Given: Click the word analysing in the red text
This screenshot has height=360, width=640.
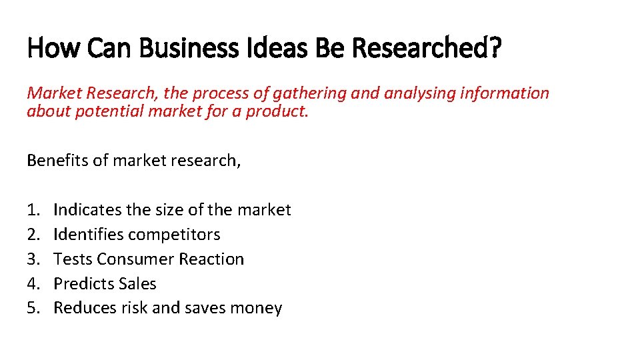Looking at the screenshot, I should pyautogui.click(x=418, y=93).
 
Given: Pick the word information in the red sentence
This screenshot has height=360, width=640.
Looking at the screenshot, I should pyautogui.click(x=505, y=93).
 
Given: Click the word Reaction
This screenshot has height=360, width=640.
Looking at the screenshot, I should pyautogui.click(x=213, y=259).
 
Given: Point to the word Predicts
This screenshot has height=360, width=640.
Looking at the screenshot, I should pyautogui.click(x=79, y=284).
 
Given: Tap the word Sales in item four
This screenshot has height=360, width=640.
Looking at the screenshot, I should pyautogui.click(x=137, y=284).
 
